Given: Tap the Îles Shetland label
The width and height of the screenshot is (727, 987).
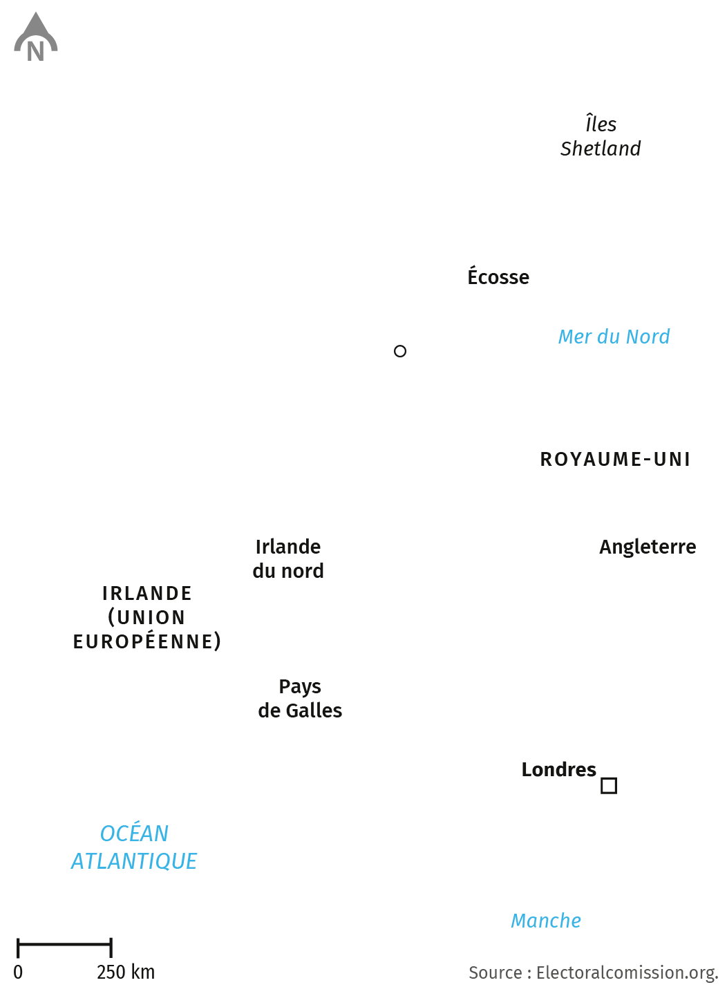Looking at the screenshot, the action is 600,135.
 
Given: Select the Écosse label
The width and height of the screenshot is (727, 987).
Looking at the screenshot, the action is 498,276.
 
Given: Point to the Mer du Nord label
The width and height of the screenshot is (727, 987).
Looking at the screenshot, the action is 614,337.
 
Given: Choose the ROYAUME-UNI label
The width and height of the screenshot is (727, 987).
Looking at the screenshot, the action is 615,459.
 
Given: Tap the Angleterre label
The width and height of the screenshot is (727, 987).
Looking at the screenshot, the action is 648,547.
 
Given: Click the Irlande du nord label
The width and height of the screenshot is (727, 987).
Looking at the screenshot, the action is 288,558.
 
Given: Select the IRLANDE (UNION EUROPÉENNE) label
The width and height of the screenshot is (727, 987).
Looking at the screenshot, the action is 147,617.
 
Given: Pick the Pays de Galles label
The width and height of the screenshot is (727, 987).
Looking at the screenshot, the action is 300,698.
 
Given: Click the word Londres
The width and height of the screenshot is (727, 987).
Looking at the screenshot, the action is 558,770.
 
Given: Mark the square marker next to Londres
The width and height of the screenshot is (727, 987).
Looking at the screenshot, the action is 602,786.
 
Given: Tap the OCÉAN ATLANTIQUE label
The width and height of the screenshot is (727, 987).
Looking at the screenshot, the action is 134,847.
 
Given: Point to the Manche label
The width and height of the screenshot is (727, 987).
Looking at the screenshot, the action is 546,921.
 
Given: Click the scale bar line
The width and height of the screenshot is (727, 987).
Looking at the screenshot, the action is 64,944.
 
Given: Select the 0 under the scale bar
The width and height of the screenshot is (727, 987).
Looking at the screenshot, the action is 18,972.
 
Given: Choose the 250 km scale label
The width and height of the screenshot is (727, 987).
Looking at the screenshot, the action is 126,972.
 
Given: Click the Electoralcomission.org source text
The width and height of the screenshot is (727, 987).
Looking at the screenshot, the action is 627,973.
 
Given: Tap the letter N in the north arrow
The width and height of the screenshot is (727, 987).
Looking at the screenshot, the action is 36,51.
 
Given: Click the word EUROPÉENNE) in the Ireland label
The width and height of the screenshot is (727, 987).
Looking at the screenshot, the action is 147,641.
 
